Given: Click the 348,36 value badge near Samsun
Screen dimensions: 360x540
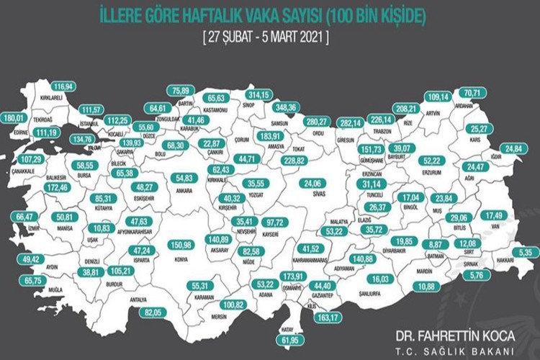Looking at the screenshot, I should [x=282, y=107].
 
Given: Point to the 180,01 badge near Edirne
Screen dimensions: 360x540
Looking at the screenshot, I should [x=13, y=118].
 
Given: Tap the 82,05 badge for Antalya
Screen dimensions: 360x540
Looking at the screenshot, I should [x=151, y=312].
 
